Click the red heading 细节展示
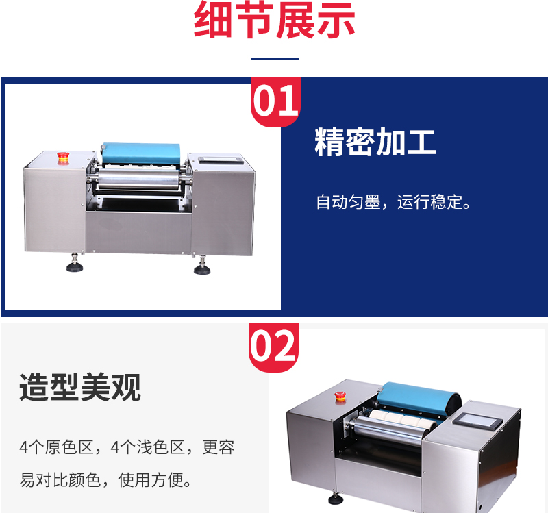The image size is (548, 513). point(275,19)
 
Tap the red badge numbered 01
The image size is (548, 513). point(275,101)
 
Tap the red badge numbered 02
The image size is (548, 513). point(273,347)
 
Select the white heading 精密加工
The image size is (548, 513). point(375,142)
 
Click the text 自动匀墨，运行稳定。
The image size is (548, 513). point(394,202)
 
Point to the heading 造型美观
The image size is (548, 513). point(80,387)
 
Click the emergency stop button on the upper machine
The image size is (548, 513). point(63,158)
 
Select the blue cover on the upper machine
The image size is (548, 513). point(141,153)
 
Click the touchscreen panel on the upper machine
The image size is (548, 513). point(221,160)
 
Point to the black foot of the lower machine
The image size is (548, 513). point(336,499)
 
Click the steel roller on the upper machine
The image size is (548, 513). point(138,179)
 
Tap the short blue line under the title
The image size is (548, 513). point(275,60)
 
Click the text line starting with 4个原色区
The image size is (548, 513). point(127,447)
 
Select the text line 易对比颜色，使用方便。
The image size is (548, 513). point(106,480)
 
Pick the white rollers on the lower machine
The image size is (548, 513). point(403,419)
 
